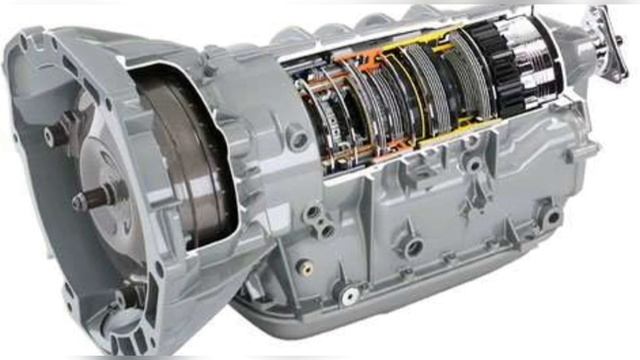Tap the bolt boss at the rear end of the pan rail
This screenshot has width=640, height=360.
[549, 215]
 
